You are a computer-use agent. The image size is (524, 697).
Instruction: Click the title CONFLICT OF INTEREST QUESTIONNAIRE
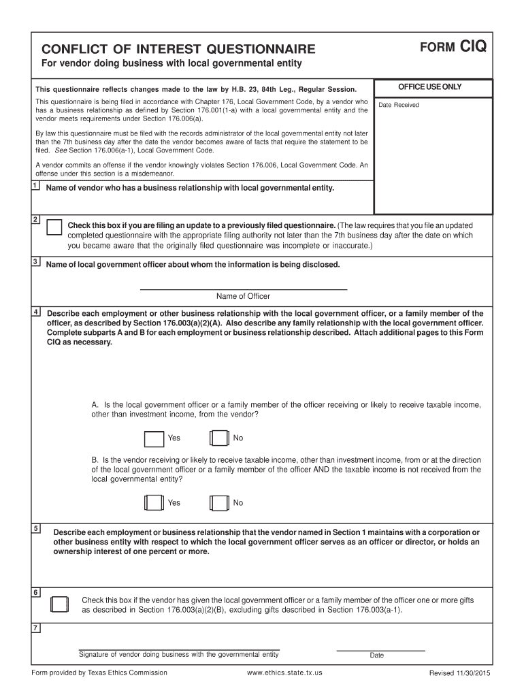[x=178, y=49]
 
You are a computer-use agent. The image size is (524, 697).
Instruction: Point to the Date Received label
[x=399, y=105]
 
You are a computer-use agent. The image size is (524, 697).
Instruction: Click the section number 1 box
[x=35, y=186]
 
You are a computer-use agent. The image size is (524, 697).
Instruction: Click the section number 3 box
[x=35, y=261]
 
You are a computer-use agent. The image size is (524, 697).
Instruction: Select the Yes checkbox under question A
[x=154, y=438]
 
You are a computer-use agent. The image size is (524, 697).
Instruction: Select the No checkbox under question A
[x=219, y=438]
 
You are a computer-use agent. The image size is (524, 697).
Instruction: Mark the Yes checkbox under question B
[x=154, y=503]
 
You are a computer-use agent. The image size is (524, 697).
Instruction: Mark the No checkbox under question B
[x=219, y=503]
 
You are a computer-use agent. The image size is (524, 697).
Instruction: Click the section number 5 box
[x=35, y=528]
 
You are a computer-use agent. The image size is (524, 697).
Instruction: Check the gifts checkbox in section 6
[x=59, y=604]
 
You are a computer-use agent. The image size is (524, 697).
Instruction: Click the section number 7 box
[x=35, y=627]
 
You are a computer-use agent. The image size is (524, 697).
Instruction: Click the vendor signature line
[x=179, y=649]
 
